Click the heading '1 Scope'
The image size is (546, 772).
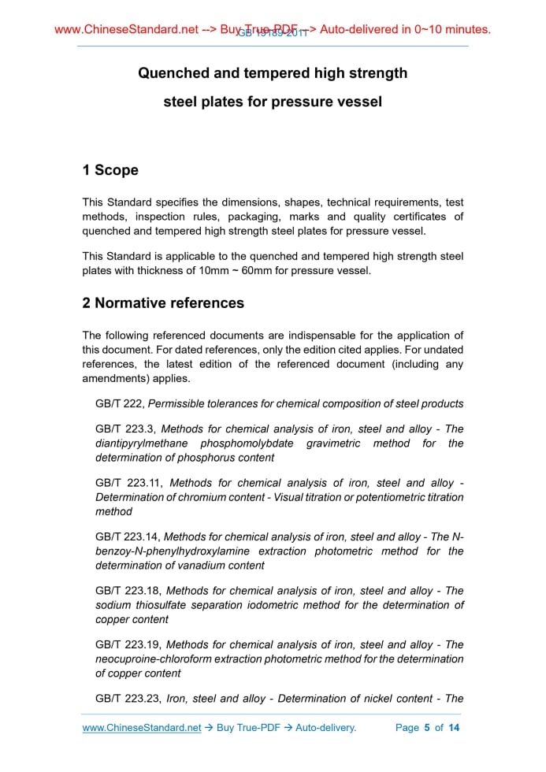110,170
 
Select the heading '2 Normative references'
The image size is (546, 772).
163,302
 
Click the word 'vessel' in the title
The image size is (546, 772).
360,102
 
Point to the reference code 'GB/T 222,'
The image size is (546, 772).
120,404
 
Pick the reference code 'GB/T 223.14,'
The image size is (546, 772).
128,537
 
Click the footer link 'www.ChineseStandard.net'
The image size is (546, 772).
142,728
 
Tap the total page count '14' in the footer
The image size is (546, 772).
454,728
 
